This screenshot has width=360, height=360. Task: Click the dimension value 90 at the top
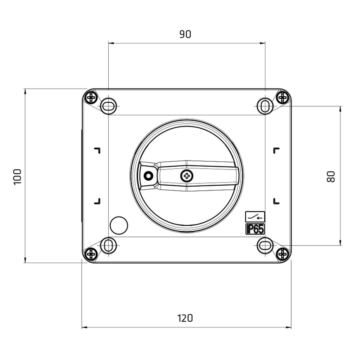click(185, 34)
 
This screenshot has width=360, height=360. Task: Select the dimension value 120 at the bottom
click(185, 318)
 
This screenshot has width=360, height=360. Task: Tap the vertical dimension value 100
click(18, 177)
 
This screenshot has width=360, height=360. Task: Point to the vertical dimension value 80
click(331, 176)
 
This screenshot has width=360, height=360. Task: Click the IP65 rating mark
click(255, 229)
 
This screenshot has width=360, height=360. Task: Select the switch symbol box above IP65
click(255, 217)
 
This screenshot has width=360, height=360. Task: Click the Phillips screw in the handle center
click(187, 175)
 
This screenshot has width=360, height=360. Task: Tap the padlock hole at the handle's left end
click(148, 175)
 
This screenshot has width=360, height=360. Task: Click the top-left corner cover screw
click(91, 97)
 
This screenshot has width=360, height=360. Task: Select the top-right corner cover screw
click(282, 97)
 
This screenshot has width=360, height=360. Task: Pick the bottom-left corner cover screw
click(91, 253)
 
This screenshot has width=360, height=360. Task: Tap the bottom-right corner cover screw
click(282, 253)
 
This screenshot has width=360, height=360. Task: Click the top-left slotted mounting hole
click(109, 106)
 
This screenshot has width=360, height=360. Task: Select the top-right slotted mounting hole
click(265, 106)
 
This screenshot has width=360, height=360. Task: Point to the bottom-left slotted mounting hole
click(109, 245)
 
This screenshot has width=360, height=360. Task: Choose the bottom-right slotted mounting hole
click(265, 245)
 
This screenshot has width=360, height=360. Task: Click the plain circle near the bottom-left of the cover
click(119, 225)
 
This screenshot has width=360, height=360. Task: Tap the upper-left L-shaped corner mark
click(97, 150)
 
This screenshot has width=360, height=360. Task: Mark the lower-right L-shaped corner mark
click(276, 201)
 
